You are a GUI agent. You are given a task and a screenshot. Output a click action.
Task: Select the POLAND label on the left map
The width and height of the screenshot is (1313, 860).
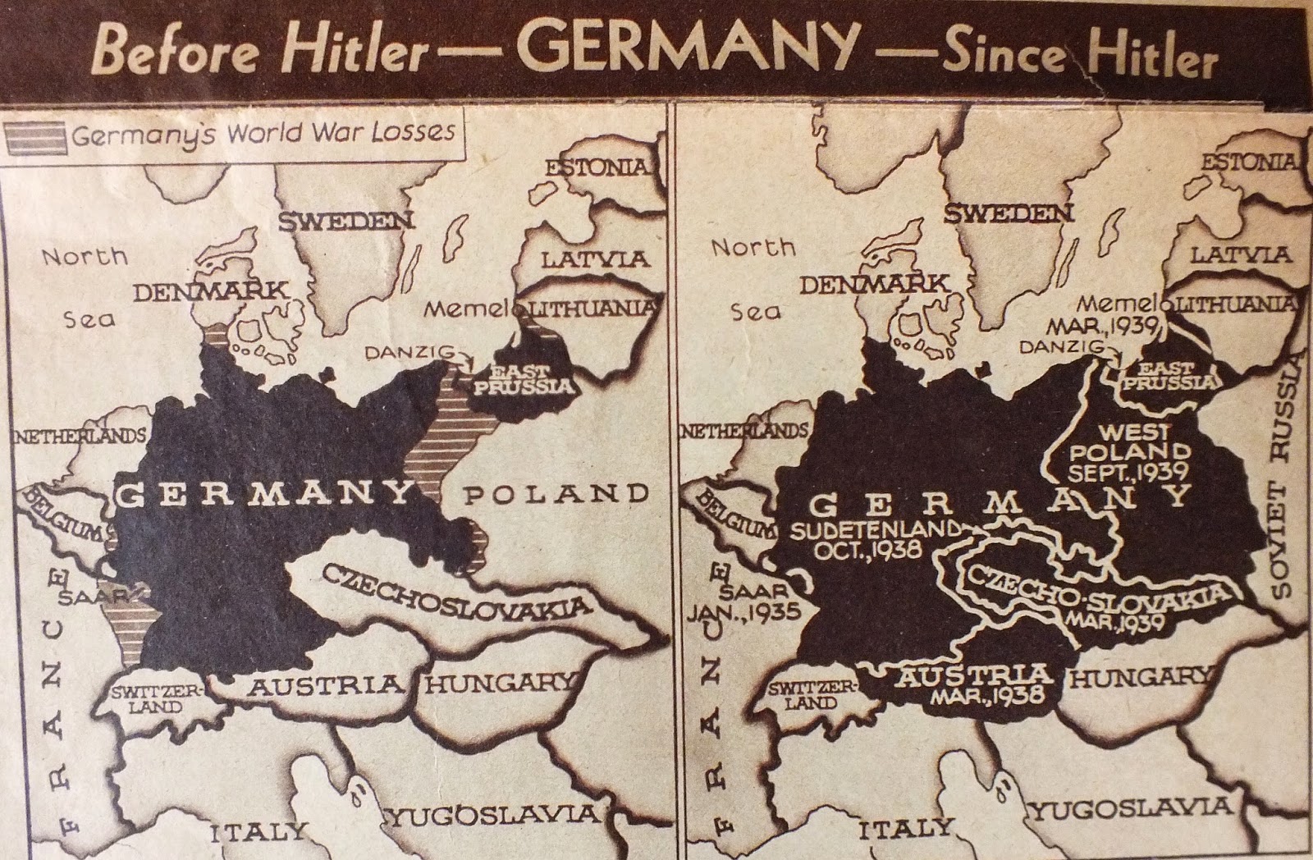(x=556, y=495)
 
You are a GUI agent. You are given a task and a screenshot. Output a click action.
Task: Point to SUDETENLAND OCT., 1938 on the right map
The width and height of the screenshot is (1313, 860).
(x=873, y=540)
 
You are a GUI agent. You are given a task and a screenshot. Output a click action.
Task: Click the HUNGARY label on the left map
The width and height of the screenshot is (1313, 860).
(x=496, y=682)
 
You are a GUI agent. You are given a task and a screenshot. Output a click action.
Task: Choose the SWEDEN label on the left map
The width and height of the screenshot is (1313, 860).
(x=345, y=221)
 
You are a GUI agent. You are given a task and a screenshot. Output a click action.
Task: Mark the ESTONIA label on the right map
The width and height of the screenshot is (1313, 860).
(x=1251, y=162)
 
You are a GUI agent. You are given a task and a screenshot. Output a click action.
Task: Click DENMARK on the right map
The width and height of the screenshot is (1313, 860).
(x=874, y=285)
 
